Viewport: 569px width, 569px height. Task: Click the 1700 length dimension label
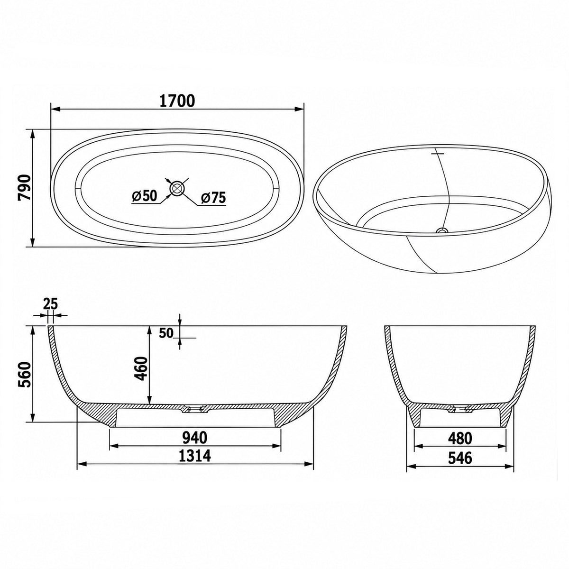tap(177, 101)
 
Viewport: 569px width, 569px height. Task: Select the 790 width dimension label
tap(25, 187)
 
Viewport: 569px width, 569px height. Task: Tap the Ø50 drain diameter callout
tap(145, 196)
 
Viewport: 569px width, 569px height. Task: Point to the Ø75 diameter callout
tap(213, 197)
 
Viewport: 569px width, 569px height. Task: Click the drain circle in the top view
tap(176, 188)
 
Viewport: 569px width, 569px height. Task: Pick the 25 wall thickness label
tap(50, 303)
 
